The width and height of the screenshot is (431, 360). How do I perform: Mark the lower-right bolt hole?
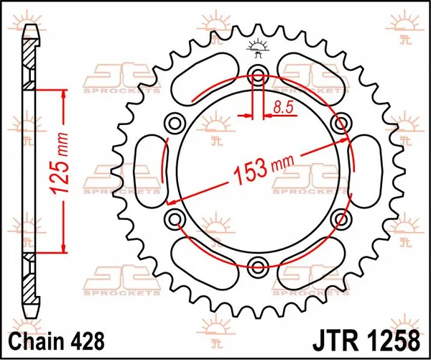tap(343, 219)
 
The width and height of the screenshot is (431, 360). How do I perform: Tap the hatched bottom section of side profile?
tap(31, 284)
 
